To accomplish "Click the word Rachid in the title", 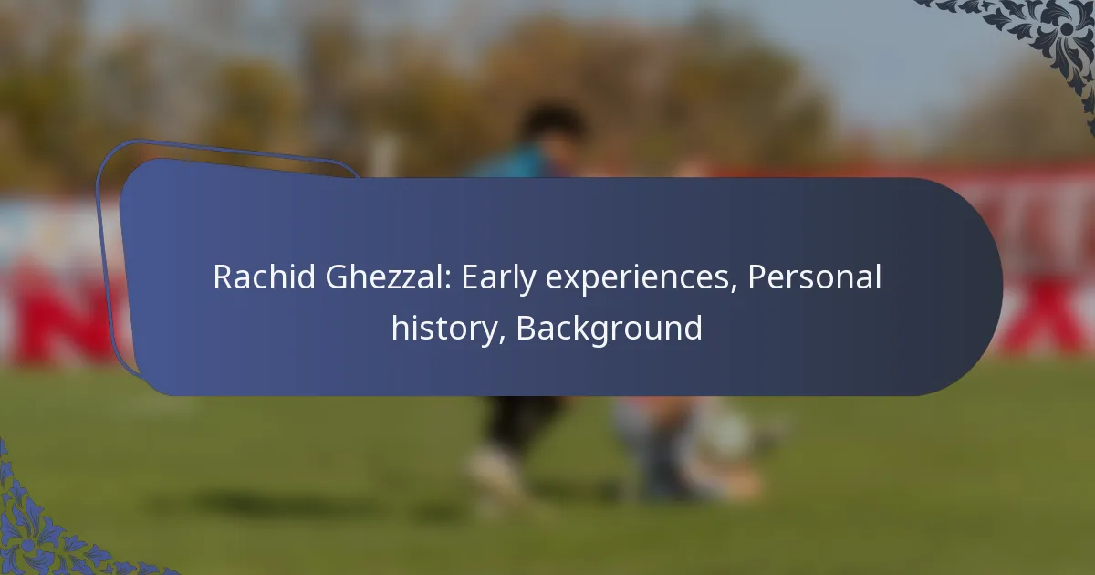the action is (x=264, y=277).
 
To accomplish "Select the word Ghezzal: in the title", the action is (x=388, y=277).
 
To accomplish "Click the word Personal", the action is (x=814, y=277).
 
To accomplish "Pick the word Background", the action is (x=610, y=329).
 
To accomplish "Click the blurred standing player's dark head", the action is (x=553, y=125).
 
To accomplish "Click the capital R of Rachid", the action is (x=223, y=277).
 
